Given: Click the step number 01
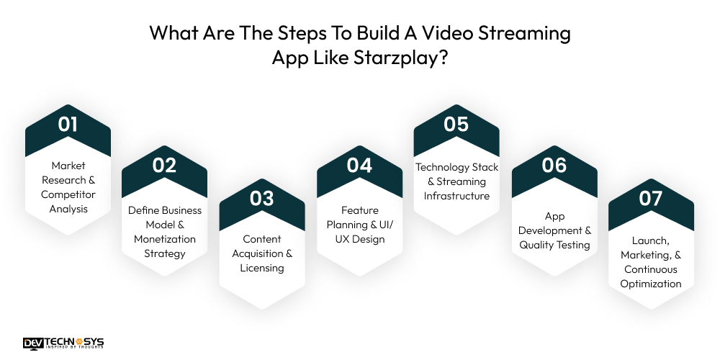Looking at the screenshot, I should (68, 124).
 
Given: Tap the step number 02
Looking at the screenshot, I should (164, 165).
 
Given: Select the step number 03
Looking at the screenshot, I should (262, 199).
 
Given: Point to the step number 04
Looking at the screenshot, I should (359, 165).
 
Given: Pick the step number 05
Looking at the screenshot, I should (456, 124).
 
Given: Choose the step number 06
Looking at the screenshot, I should (554, 165).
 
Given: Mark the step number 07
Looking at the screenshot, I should (651, 199).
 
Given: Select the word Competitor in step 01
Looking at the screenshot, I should (68, 194).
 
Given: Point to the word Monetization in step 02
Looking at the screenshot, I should (165, 239).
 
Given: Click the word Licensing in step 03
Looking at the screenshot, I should (262, 268).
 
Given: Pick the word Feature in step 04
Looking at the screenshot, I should (360, 210).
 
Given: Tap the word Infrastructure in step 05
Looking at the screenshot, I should (456, 196).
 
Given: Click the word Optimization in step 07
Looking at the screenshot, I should (651, 284).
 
